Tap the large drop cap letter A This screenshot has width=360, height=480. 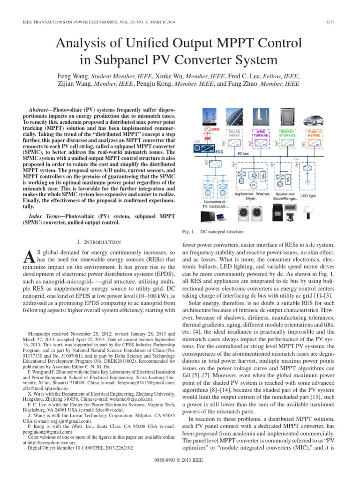point(28,257)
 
